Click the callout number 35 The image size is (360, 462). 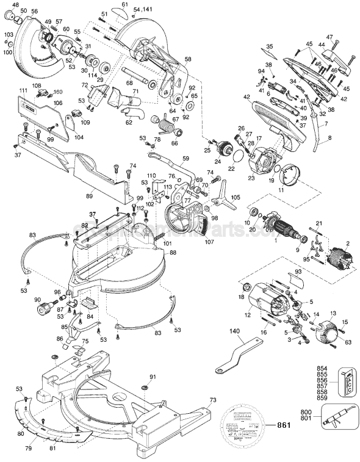click(270, 46)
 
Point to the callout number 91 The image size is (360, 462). click(153, 377)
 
